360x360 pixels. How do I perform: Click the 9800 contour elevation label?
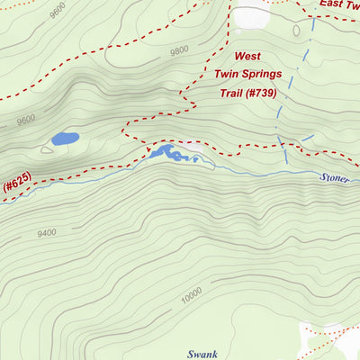pos(179,50)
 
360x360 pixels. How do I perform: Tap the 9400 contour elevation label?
pos(47,232)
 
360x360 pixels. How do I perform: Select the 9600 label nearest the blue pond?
pos(25,118)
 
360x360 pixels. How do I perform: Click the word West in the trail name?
pos(249,56)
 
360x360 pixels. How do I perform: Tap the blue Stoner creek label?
pos(338,177)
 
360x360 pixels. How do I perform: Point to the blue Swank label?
pos(203,355)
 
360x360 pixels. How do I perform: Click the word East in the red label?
pos(335,4)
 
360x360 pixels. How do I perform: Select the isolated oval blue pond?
pos(65,139)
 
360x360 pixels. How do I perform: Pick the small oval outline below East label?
pos(296,31)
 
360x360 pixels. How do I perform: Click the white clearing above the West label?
pos(252,17)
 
